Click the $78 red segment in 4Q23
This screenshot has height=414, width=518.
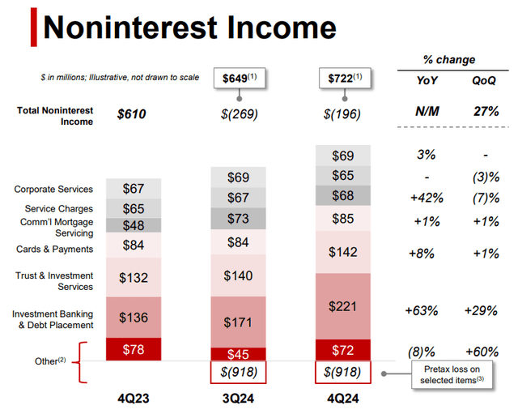(134, 349)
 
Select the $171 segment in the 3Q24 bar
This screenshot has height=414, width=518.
(238, 322)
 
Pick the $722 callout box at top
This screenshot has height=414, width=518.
(342, 79)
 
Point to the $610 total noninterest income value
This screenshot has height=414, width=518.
(132, 114)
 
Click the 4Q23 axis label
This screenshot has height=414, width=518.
(134, 399)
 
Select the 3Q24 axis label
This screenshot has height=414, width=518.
(238, 399)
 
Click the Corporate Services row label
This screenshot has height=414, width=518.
(53, 190)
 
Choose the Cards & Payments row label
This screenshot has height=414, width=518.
(53, 249)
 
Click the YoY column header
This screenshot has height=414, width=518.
(428, 81)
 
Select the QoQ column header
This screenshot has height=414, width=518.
(483, 81)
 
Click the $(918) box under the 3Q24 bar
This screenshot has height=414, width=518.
(238, 373)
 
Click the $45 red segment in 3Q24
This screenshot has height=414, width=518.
(238, 353)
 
